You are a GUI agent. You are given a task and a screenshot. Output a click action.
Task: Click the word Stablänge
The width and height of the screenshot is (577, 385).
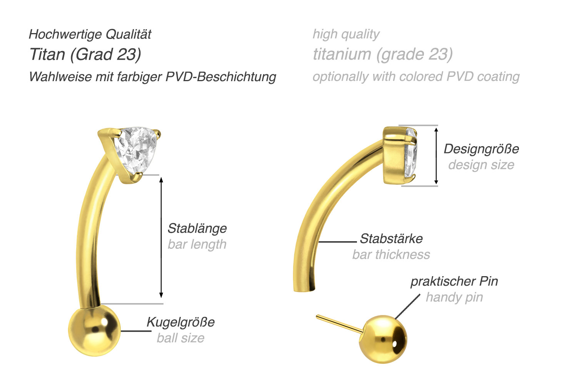click(x=197, y=228)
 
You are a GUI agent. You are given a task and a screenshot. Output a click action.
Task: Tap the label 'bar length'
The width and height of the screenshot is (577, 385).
click(x=197, y=245)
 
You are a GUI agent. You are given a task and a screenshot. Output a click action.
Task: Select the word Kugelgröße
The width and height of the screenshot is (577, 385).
click(x=180, y=322)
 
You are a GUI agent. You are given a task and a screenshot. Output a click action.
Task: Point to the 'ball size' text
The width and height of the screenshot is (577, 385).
click(x=180, y=338)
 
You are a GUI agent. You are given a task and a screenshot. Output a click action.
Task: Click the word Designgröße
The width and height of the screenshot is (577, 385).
click(x=481, y=149)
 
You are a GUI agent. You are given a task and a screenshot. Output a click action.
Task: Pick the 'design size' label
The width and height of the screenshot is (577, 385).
click(x=481, y=165)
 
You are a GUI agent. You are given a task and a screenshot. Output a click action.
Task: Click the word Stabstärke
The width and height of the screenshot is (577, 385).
click(x=391, y=238)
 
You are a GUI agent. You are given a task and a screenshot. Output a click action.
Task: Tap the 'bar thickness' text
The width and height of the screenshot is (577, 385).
click(x=391, y=255)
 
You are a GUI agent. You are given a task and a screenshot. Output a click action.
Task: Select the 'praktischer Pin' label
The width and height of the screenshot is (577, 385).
click(x=454, y=281)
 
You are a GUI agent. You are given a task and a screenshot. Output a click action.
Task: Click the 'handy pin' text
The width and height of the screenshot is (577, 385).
click(x=454, y=297)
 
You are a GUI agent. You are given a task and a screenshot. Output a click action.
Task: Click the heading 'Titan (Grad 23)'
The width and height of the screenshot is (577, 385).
click(x=85, y=55)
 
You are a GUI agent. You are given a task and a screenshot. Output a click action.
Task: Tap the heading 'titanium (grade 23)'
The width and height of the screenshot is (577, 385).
click(x=383, y=55)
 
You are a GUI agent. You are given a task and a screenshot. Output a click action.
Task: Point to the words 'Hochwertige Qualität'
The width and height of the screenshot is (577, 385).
click(x=90, y=34)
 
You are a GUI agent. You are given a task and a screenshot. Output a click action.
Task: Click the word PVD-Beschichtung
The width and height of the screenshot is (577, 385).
click(x=221, y=77)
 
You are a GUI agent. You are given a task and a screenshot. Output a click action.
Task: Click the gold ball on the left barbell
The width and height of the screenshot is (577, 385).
click(x=94, y=330)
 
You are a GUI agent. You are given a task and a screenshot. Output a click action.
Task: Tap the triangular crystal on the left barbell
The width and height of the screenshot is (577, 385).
click(x=136, y=150)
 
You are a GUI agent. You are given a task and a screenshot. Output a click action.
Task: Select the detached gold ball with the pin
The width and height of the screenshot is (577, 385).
click(x=382, y=339)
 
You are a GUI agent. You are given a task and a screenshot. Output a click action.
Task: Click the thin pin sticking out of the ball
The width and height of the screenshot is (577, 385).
click(x=339, y=324)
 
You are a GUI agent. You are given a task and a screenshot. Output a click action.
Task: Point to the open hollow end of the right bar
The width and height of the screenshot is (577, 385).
click(x=305, y=289)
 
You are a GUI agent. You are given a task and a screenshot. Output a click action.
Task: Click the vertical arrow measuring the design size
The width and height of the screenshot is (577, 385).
click(x=436, y=156)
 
